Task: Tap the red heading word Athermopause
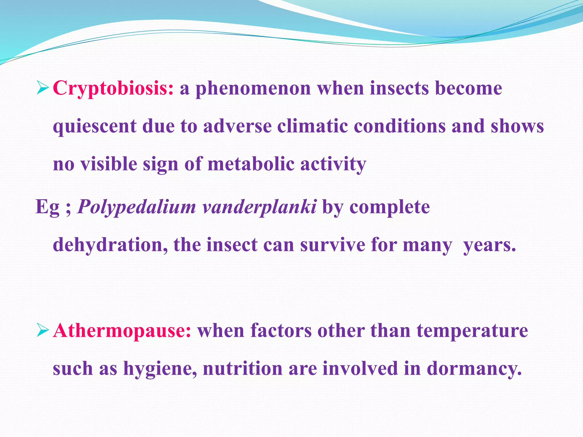pyautogui.click(x=122, y=331)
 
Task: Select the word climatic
pyautogui.click(x=312, y=126)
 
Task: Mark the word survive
pyautogui.click(x=332, y=245)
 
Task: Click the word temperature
pyautogui.click(x=472, y=331)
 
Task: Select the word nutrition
pyautogui.click(x=243, y=368)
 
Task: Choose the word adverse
pyautogui.click(x=237, y=126)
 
